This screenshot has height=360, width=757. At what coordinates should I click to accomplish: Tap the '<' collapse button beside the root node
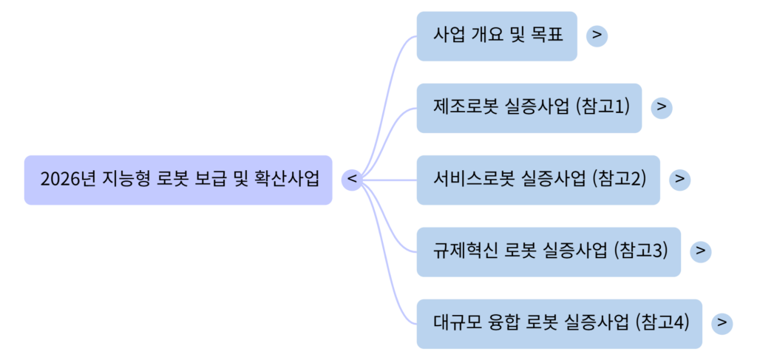coord(353,180)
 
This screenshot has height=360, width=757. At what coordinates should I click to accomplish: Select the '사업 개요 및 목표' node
coord(496,35)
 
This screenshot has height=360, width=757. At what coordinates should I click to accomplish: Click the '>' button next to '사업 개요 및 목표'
coord(597,35)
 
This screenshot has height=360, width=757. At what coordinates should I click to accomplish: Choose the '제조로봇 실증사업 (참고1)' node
coord(529,108)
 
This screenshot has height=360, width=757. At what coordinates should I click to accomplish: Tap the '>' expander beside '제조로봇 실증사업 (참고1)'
coord(662,107)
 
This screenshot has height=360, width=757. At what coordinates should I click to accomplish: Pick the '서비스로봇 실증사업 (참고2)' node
coord(538,180)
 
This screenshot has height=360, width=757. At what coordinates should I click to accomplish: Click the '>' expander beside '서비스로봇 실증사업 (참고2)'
coord(680,180)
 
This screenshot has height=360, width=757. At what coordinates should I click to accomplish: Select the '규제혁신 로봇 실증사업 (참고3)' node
coord(549,251)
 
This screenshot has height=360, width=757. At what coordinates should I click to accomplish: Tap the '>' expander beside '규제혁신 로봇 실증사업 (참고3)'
coord(700,251)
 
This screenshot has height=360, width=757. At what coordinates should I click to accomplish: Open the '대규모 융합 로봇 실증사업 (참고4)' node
coord(559,324)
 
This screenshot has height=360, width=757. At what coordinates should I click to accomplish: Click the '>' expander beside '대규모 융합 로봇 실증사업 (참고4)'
coord(722,324)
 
